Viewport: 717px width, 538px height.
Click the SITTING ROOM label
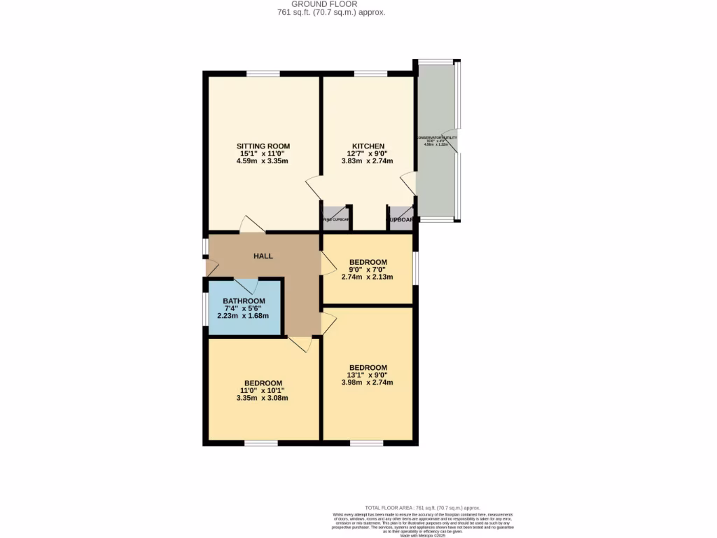click(x=263, y=146)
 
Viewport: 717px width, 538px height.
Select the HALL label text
click(x=263, y=256)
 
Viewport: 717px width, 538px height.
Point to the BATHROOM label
click(x=244, y=301)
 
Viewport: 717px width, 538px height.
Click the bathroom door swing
click(x=246, y=285)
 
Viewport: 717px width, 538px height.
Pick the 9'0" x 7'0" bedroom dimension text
click(x=368, y=270)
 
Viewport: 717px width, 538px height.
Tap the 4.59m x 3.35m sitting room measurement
click(x=263, y=161)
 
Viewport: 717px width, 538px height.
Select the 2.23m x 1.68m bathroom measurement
click(x=244, y=315)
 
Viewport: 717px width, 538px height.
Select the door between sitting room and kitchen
click(x=314, y=188)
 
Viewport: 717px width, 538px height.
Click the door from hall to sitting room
click(x=251, y=224)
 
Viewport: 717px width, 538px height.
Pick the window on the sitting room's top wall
click(x=263, y=73)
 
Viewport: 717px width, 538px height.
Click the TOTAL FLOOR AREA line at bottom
click(x=423, y=507)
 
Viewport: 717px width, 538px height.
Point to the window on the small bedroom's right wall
click(x=415, y=268)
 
